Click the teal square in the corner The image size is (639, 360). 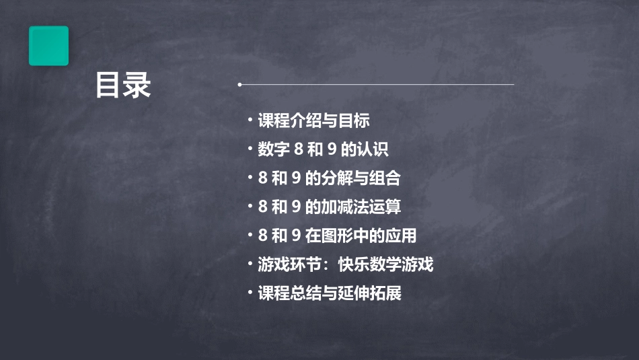(48, 46)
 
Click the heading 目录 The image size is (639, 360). (123, 85)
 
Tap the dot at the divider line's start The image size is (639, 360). (240, 85)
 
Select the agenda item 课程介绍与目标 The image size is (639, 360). (313, 121)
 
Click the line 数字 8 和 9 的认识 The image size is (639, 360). (323, 149)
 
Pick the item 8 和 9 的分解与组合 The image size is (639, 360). (329, 178)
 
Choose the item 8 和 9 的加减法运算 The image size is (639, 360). (330, 207)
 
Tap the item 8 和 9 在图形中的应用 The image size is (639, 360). (337, 236)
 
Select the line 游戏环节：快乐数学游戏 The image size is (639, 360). (345, 264)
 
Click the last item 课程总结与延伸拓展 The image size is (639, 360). (330, 293)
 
